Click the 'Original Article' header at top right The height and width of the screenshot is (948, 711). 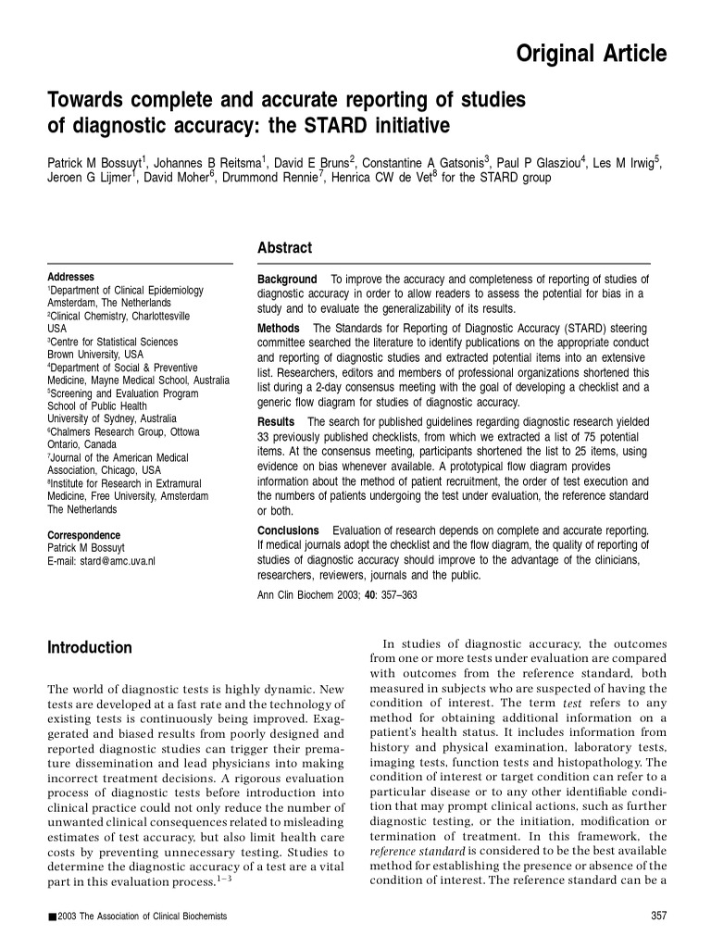590,55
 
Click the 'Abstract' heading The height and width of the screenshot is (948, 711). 284,248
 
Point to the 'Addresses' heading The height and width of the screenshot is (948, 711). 70,277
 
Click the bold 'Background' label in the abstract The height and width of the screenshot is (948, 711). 287,280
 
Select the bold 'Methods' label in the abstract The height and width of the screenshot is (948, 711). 279,329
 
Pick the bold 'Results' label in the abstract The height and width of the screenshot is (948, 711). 276,422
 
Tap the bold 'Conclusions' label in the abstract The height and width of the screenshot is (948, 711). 288,530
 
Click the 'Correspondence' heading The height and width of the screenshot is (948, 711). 83,535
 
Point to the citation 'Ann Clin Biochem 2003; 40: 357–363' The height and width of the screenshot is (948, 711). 337,595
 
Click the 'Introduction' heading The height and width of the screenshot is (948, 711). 90,648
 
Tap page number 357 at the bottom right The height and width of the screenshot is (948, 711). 659,917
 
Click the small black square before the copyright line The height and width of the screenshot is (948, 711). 51,917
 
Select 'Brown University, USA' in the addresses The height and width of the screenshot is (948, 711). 95,355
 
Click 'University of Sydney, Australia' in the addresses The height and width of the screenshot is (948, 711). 112,418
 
